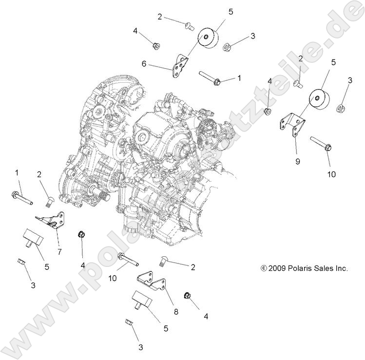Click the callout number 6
(144, 64)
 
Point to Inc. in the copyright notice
(340, 268)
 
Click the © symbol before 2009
(264, 268)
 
